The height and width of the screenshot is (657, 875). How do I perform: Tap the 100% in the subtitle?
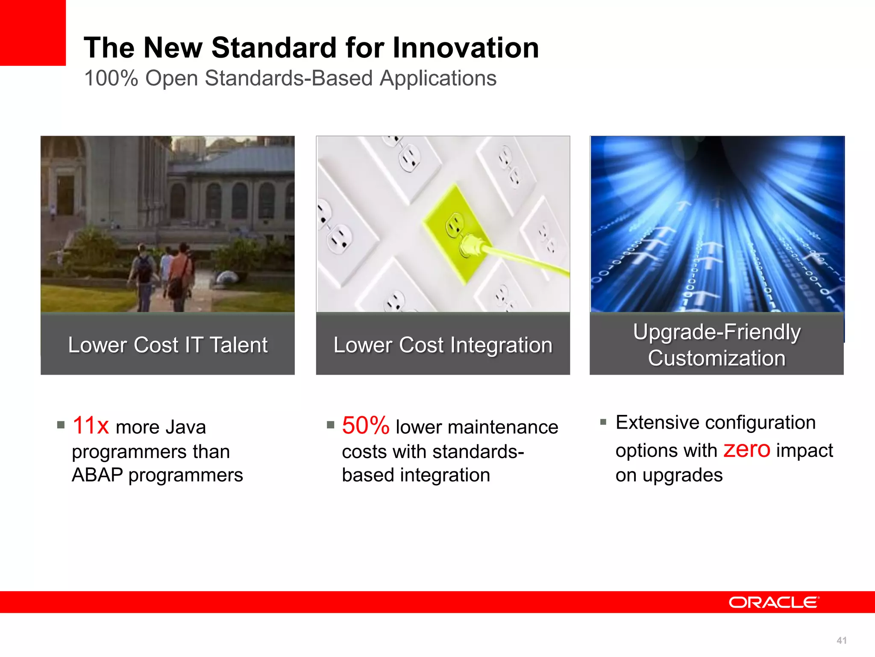pyautogui.click(x=111, y=79)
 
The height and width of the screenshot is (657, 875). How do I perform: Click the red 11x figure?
pyautogui.click(x=91, y=426)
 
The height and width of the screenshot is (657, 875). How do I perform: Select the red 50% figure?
pyautogui.click(x=365, y=426)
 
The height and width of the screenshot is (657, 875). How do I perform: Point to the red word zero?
pyautogui.click(x=746, y=449)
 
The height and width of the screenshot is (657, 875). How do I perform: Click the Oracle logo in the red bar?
pyautogui.click(x=774, y=602)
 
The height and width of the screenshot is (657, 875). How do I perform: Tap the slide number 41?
pyautogui.click(x=841, y=640)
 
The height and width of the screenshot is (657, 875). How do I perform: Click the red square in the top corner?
pyautogui.click(x=32, y=33)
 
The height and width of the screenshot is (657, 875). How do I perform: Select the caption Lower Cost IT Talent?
pyautogui.click(x=167, y=345)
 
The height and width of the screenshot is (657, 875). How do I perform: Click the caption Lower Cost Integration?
pyautogui.click(x=443, y=345)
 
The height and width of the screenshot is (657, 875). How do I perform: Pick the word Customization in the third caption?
pyautogui.click(x=716, y=358)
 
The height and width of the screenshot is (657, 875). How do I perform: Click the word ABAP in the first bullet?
pyautogui.click(x=97, y=475)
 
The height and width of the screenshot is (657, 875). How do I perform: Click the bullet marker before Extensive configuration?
pyautogui.click(x=603, y=422)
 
